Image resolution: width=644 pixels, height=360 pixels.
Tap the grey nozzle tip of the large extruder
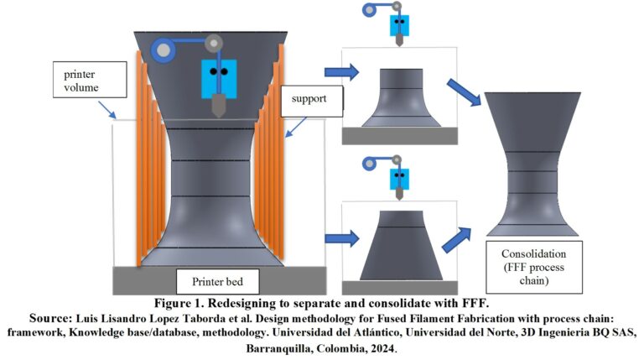coord(219,105)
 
